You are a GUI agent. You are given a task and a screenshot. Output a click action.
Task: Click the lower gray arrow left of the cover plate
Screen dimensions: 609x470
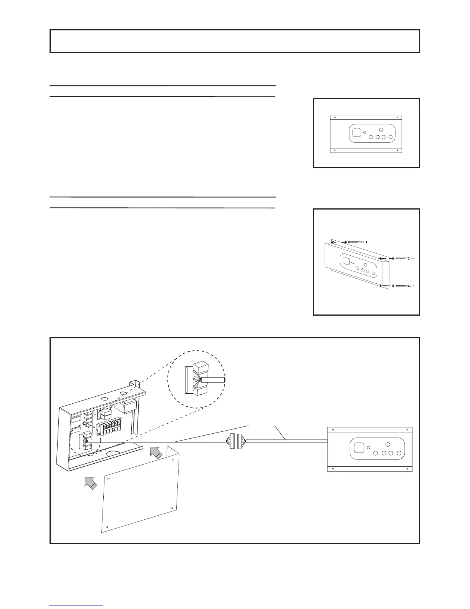[x=91, y=482]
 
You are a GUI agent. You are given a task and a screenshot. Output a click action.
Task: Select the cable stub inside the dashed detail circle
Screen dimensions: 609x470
[x=213, y=379]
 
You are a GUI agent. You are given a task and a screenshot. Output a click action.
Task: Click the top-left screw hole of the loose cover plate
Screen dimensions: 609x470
[x=109, y=479]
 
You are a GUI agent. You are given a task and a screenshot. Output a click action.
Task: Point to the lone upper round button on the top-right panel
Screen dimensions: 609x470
[x=381, y=130]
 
